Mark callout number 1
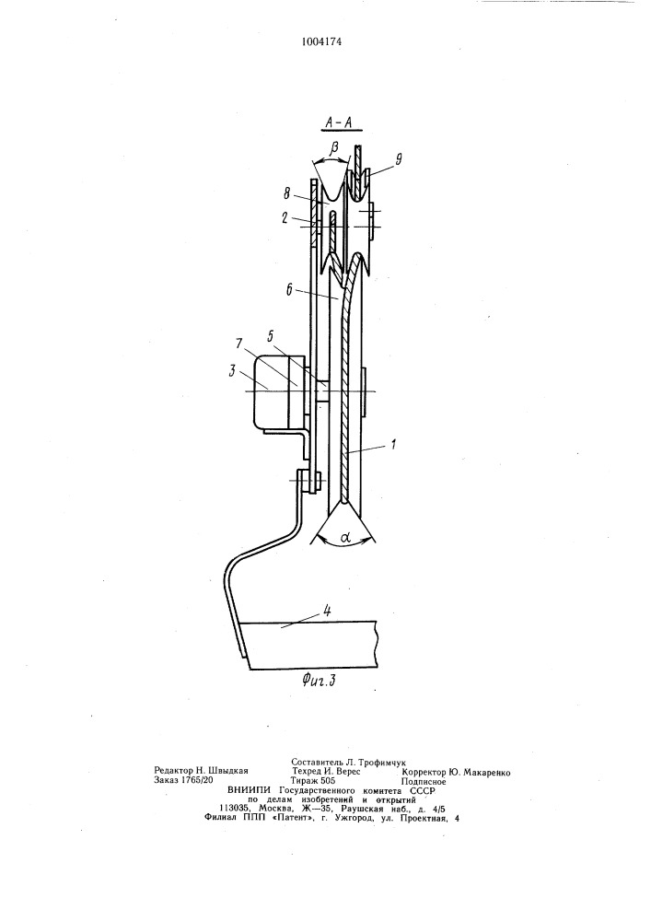(x=394, y=445)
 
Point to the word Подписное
(x=424, y=782)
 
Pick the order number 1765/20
(x=197, y=781)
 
